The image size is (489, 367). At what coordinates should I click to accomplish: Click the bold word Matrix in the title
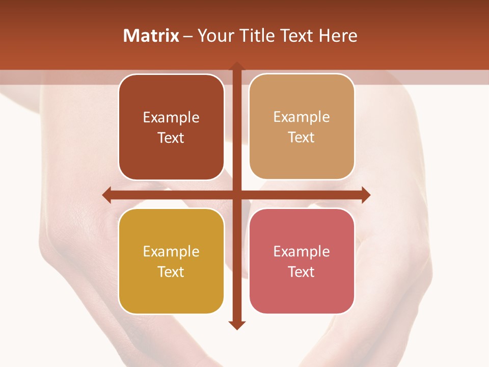(x=151, y=36)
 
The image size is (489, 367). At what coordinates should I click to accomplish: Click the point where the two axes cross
(x=236, y=195)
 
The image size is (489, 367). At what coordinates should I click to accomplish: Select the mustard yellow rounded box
(x=171, y=291)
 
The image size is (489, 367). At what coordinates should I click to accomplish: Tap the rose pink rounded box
(x=302, y=291)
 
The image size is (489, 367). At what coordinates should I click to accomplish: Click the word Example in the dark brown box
(x=171, y=117)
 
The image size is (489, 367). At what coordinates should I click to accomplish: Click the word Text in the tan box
(x=302, y=137)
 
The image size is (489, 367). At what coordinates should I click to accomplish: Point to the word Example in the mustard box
(x=171, y=251)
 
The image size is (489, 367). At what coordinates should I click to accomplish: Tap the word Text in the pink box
(x=302, y=272)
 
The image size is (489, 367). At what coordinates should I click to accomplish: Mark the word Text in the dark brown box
(x=171, y=138)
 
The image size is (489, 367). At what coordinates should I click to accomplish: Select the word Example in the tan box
(x=302, y=117)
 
